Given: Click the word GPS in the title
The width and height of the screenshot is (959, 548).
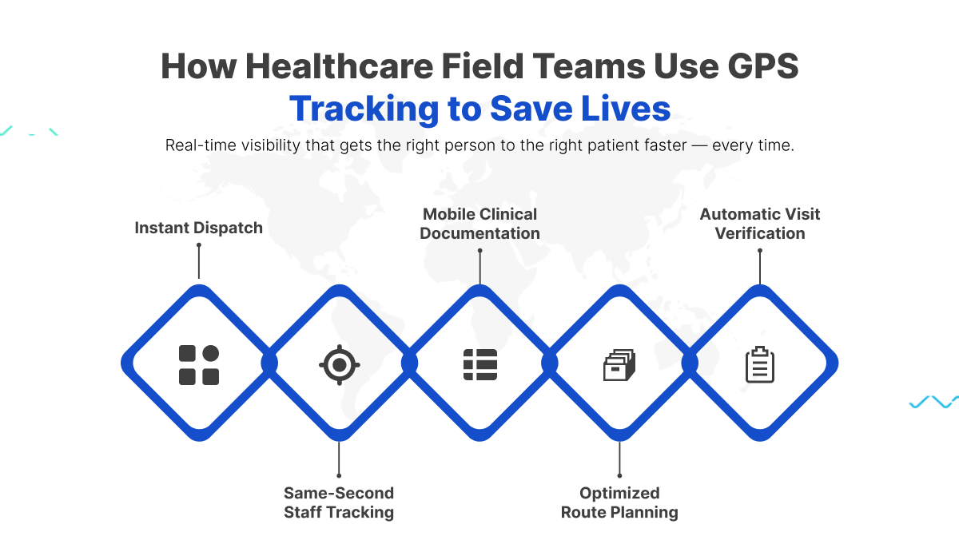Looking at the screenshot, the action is tap(763, 66).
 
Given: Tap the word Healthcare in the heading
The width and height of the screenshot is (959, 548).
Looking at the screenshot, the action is tap(340, 66).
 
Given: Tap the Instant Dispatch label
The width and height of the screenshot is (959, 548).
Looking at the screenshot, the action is tap(199, 228).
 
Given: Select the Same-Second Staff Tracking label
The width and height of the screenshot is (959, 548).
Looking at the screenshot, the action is tap(339, 502).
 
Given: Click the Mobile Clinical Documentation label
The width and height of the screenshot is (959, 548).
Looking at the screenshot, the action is tap(479, 224).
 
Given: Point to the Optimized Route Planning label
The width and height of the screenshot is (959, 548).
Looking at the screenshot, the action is tap(619, 502).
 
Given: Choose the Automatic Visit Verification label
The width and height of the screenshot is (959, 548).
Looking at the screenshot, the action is tap(760, 224).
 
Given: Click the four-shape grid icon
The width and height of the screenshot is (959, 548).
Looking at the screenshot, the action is tap(199, 365).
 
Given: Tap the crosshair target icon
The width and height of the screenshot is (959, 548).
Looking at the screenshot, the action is tap(340, 365).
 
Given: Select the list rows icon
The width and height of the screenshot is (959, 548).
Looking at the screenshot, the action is tap(480, 364).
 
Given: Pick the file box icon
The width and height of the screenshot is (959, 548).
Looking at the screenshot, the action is tap(619, 365).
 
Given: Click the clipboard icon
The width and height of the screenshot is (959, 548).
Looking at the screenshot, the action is tap(760, 364).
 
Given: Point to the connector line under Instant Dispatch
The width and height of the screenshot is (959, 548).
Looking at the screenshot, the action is tap(199, 261).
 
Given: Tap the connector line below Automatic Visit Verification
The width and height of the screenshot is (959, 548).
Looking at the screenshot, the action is tap(760, 267).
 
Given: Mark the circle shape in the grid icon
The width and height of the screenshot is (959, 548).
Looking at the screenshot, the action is tap(211, 354).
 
